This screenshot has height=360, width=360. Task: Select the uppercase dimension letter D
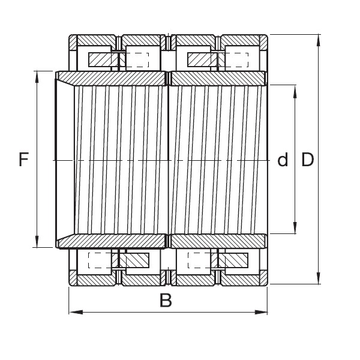[307, 160]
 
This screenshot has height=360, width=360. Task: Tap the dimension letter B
[166, 300]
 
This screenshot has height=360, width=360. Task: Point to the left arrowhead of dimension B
[76, 312]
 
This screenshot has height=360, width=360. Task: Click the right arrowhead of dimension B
[261, 312]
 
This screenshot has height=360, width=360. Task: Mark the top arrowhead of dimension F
[37, 77]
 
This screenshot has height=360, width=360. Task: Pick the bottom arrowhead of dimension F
[37, 241]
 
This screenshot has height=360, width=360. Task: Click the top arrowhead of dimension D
[318, 41]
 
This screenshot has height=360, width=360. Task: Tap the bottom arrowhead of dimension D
[318, 278]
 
